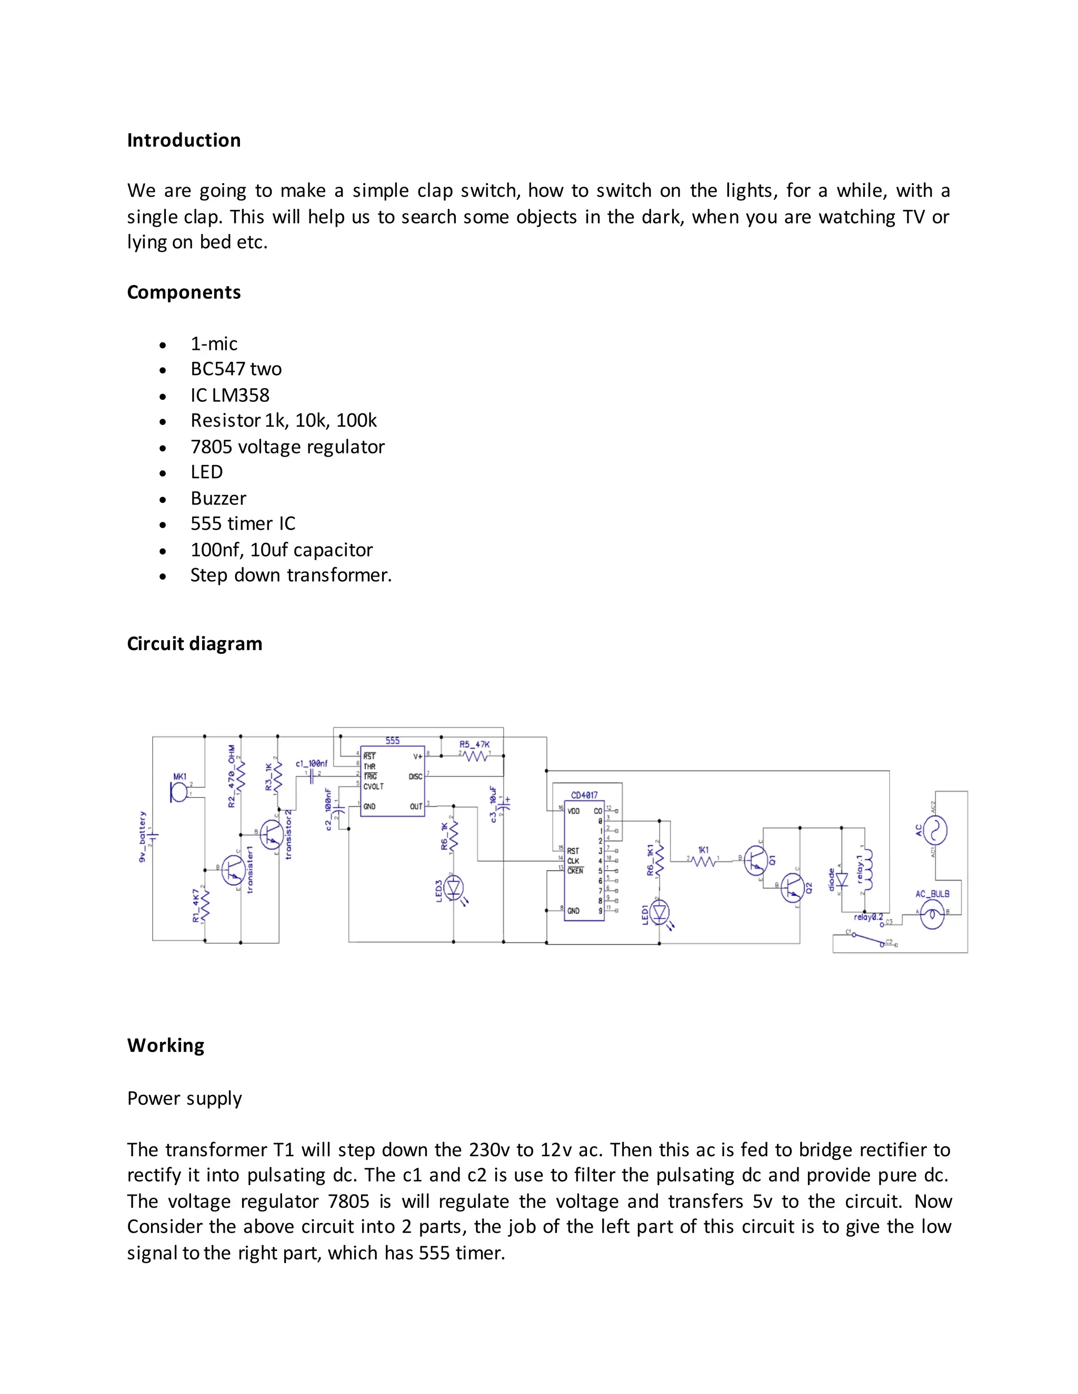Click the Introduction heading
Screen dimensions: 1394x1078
coord(184,140)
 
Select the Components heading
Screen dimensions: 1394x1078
coord(184,292)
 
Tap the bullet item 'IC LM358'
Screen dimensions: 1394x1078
coord(230,395)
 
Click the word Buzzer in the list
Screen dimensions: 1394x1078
coord(218,499)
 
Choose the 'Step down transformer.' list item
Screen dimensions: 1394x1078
coord(291,575)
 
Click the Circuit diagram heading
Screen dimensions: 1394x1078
coord(195,643)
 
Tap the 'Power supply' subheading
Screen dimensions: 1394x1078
coord(185,1098)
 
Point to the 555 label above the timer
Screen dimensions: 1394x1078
coord(392,741)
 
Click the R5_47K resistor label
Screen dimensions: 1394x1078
coord(474,744)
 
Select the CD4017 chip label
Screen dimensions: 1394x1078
coord(584,795)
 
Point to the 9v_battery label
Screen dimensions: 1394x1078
coord(143,837)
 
